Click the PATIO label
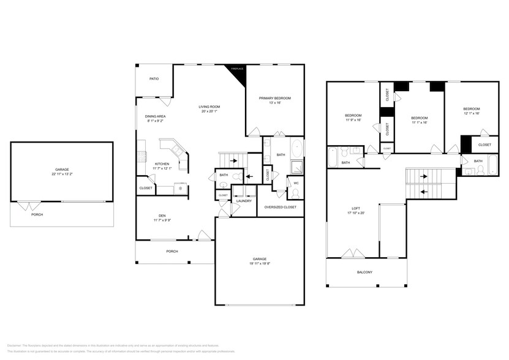pyautogui.click(x=154, y=79)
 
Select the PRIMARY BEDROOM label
pyautogui.click(x=274, y=98)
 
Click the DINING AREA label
pyautogui.click(x=156, y=116)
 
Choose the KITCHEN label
pyautogui.click(x=162, y=163)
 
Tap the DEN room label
pyautogui.click(x=162, y=215)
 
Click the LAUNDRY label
pyautogui.click(x=244, y=201)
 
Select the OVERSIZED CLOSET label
pyautogui.click(x=280, y=207)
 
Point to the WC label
pyautogui.click(x=296, y=182)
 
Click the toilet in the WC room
pyautogui.click(x=296, y=193)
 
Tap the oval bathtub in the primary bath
pyautogui.click(x=296, y=148)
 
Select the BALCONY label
pyautogui.click(x=364, y=272)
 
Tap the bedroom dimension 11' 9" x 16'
pyautogui.click(x=353, y=121)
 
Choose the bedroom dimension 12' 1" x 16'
pyautogui.click(x=471, y=113)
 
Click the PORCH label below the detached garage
pyautogui.click(x=37, y=215)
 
